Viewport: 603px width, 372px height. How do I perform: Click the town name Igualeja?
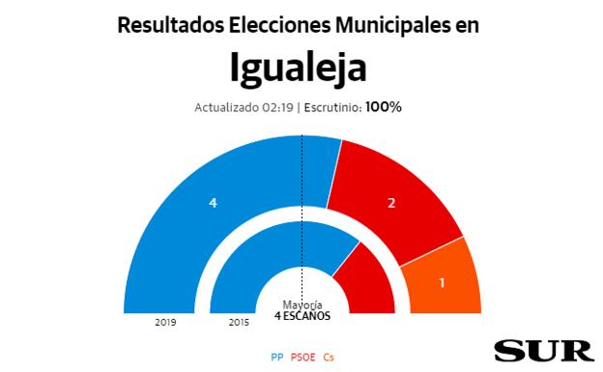pyautogui.click(x=299, y=68)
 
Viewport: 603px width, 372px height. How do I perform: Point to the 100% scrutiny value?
pyautogui.click(x=383, y=106)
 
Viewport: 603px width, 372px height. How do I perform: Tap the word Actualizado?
pyautogui.click(x=225, y=107)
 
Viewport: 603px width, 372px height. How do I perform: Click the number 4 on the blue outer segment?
pyautogui.click(x=213, y=202)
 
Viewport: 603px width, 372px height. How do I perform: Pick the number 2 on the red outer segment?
pyautogui.click(x=391, y=203)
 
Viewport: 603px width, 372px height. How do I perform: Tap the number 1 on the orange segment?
pyautogui.click(x=443, y=283)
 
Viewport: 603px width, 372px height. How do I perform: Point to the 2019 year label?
pyautogui.click(x=164, y=322)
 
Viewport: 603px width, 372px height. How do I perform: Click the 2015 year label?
pyautogui.click(x=240, y=322)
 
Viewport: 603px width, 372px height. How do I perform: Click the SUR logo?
pyautogui.click(x=544, y=350)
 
